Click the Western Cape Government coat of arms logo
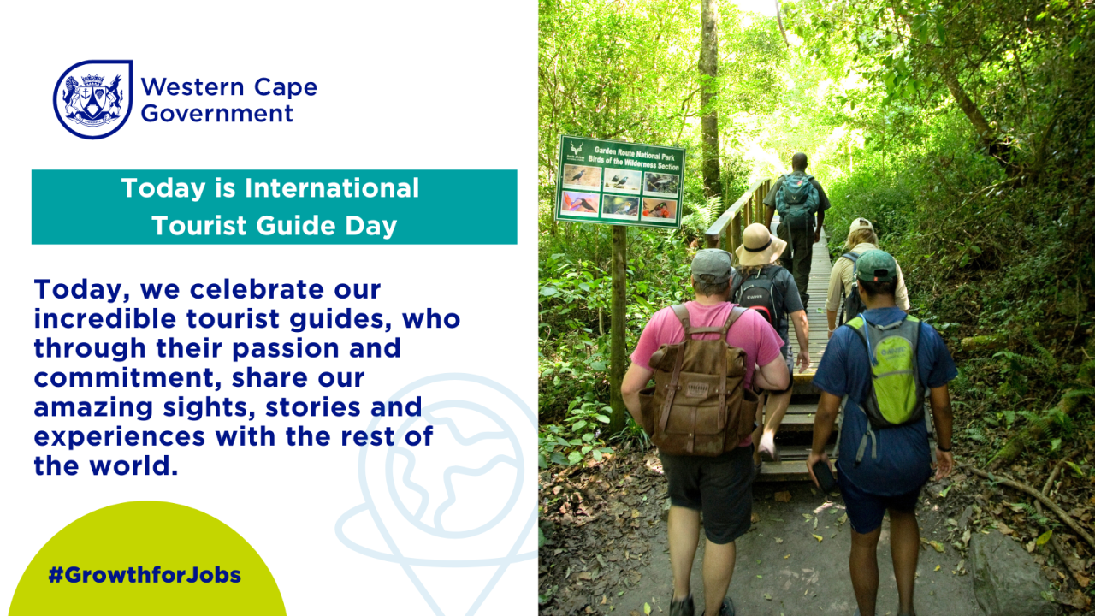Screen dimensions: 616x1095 [92, 99]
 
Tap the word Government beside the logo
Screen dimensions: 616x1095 [216, 113]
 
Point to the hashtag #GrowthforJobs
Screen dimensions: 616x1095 [145, 575]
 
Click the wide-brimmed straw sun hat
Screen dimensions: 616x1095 [760, 246]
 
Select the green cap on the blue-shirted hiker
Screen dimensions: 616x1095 [875, 267]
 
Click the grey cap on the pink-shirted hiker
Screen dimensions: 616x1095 [711, 265]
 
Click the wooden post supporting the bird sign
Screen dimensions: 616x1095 [618, 325]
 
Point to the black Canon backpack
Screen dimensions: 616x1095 [761, 295]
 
